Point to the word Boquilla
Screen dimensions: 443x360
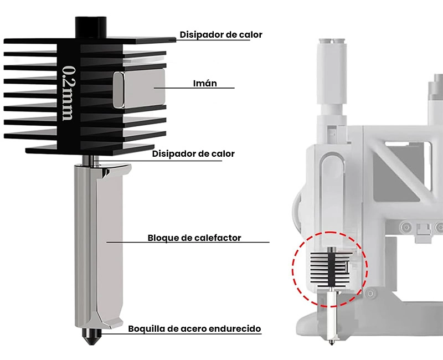[146, 328]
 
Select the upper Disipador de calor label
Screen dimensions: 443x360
[220, 34]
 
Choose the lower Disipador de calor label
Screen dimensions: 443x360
[193, 153]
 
